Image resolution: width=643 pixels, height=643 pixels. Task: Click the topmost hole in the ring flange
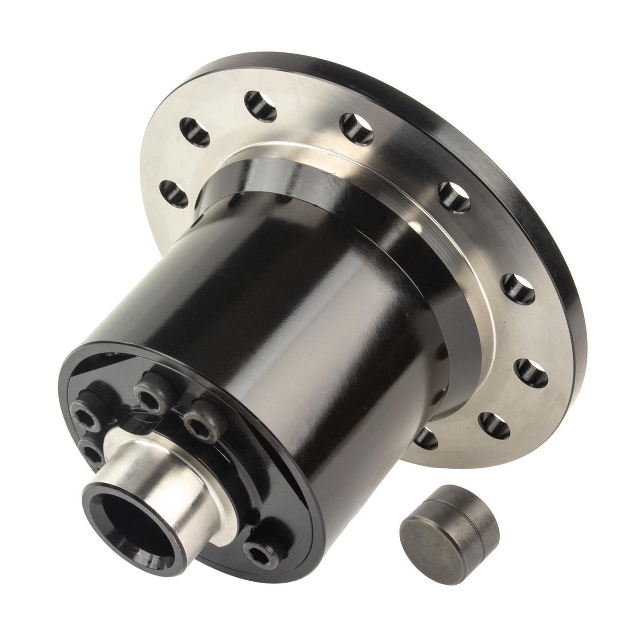point(260,105)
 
